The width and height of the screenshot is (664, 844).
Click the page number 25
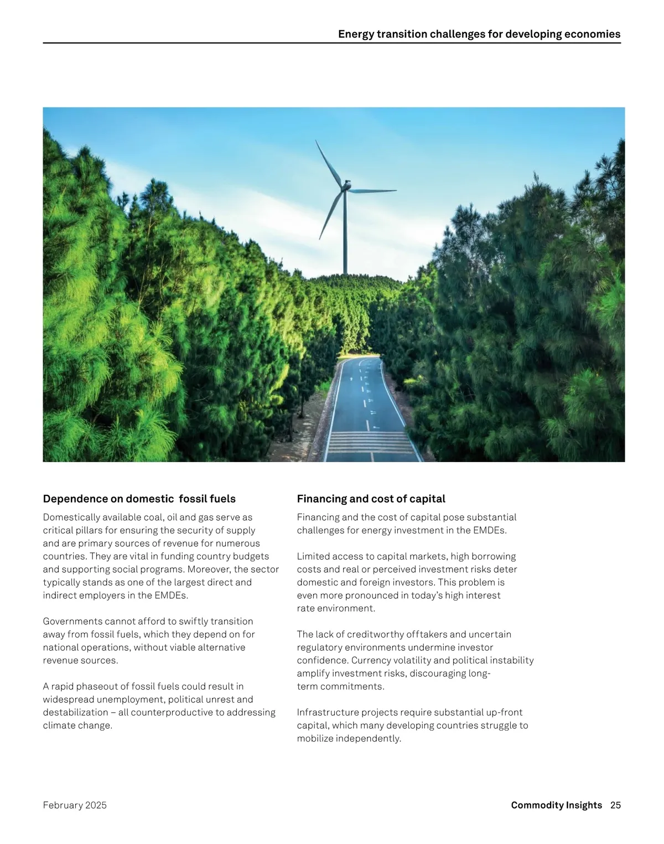point(615,805)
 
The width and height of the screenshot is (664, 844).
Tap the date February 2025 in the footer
point(75,805)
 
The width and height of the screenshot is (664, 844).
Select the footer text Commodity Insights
point(556,805)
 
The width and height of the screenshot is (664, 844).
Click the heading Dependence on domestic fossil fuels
point(139,499)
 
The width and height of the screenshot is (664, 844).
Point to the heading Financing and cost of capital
point(371,499)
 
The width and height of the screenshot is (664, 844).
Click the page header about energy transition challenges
point(479,34)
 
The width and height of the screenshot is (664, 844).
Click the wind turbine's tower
point(346,238)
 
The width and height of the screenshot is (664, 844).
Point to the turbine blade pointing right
point(373,191)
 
